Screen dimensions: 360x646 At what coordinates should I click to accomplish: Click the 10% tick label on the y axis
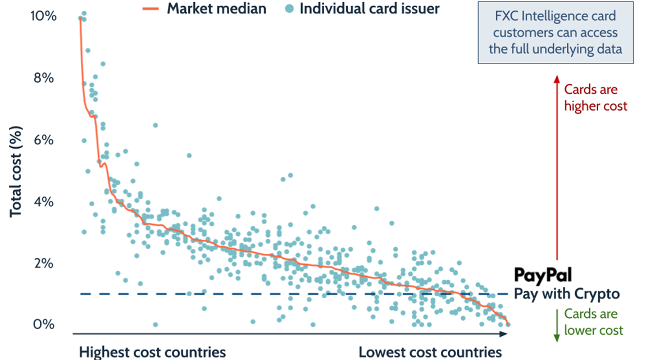point(43,16)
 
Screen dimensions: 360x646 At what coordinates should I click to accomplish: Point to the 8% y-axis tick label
point(43,78)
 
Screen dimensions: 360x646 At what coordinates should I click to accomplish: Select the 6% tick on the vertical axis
point(43,139)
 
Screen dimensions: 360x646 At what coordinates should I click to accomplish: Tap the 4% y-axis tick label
point(43,201)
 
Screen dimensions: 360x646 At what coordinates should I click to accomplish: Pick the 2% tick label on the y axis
point(43,263)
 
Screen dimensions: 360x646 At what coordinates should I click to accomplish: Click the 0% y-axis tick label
point(43,325)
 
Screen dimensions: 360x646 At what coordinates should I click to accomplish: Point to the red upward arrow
point(557,168)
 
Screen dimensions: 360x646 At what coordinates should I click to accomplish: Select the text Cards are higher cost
point(595,97)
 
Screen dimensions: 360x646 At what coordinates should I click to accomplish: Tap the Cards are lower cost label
point(594,322)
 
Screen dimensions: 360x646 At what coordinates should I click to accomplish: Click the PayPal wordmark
point(543,275)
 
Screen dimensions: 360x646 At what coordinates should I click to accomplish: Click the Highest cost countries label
point(152,352)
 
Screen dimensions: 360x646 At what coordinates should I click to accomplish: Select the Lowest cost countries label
point(430,352)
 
